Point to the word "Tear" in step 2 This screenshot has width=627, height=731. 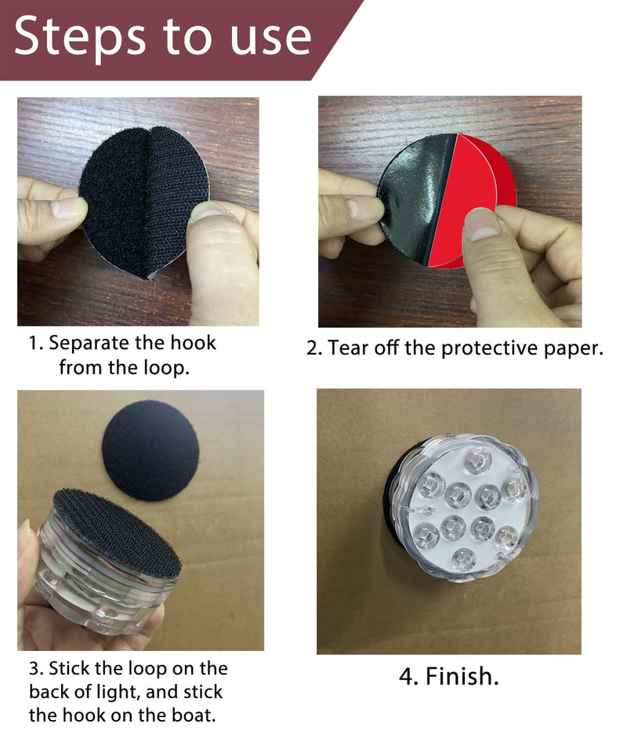pos(347,347)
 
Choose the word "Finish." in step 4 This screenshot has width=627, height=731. pos(462,676)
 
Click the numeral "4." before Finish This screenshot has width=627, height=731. pos(409,676)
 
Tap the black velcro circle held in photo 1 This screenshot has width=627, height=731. pos(143,202)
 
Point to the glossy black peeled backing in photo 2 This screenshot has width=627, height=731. pos(414,197)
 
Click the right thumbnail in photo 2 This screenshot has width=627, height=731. pos(482,224)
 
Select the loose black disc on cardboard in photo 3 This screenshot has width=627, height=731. pos(150,450)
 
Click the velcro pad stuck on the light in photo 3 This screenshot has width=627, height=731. pos(118,533)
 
